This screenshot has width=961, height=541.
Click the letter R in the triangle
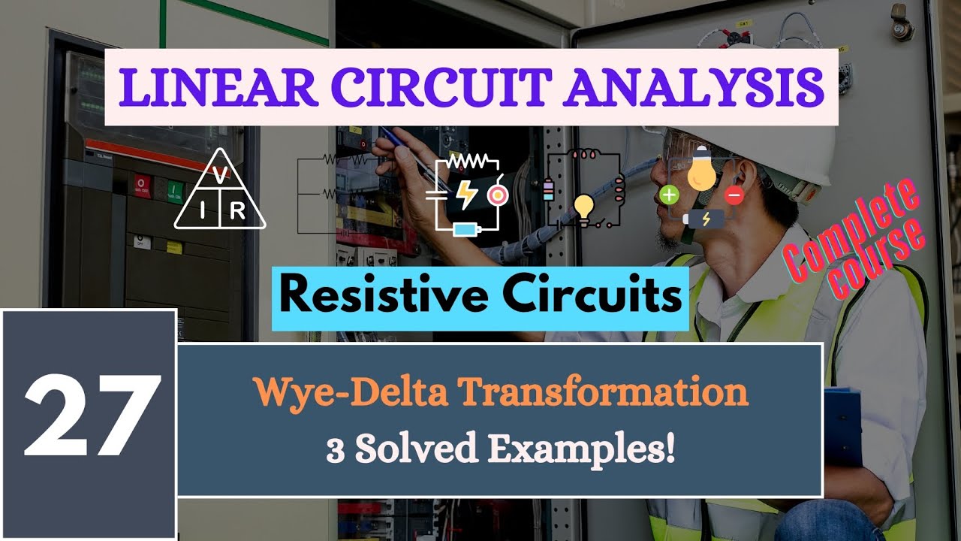(x=237, y=212)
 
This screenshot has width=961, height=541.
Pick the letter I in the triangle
(x=203, y=212)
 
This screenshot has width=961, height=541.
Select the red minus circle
(x=734, y=196)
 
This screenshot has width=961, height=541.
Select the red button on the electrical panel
(x=141, y=184)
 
